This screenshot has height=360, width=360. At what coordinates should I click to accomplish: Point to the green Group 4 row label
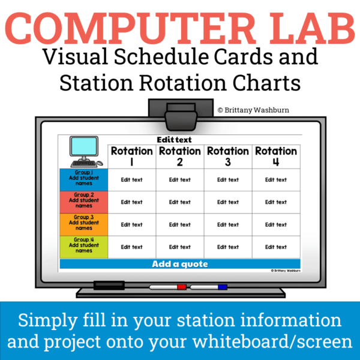(83, 247)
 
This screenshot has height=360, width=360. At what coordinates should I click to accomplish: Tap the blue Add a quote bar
(180, 264)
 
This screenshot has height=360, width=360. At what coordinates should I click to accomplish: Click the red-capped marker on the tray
(168, 287)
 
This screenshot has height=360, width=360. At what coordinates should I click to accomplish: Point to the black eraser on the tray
(109, 285)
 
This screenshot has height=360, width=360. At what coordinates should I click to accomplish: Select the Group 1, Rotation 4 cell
(276, 179)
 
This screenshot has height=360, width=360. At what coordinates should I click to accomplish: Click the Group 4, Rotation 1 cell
(132, 247)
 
